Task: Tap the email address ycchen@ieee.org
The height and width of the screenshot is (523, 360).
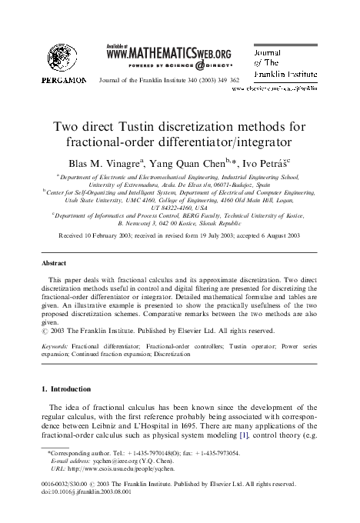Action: coord(108,467)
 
